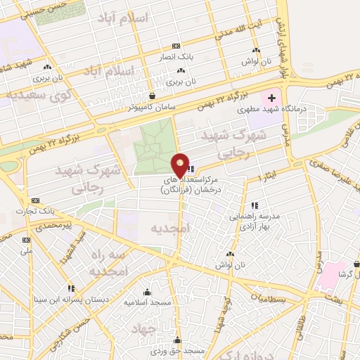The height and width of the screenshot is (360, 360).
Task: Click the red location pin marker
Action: click(x=181, y=165)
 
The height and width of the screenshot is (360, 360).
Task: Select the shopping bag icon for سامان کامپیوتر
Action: click(x=152, y=96)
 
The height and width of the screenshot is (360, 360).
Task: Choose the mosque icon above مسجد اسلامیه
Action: click(x=147, y=292)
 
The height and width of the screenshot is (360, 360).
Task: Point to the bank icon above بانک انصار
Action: click(x=175, y=44)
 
